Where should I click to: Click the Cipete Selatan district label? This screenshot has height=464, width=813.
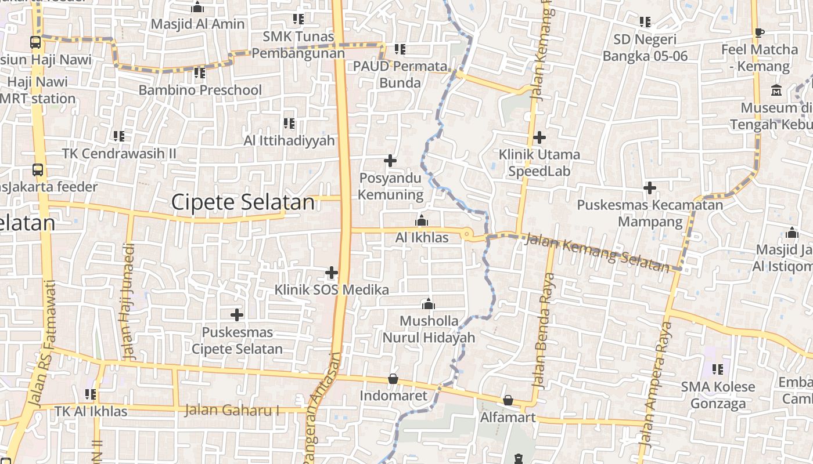pyautogui.click(x=243, y=202)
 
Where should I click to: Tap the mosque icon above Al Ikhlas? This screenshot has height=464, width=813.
pyautogui.click(x=422, y=220)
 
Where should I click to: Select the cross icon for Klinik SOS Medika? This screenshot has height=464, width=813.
pyautogui.click(x=332, y=272)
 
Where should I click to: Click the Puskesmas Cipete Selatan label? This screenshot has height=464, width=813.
pyautogui.click(x=237, y=340)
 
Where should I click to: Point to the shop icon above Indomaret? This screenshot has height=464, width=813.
pyautogui.click(x=393, y=379)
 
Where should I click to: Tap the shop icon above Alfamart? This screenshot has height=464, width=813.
pyautogui.click(x=508, y=400)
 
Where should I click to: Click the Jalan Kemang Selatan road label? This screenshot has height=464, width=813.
pyautogui.click(x=597, y=251)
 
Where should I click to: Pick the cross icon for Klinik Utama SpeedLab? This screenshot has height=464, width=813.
pyautogui.click(x=539, y=137)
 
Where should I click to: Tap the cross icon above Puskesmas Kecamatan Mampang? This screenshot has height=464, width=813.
pyautogui.click(x=650, y=188)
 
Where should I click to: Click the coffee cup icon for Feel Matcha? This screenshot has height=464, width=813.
pyautogui.click(x=759, y=32)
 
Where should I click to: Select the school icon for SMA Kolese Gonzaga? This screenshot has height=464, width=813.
pyautogui.click(x=718, y=369)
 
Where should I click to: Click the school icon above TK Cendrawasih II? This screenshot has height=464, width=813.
pyautogui.click(x=119, y=136)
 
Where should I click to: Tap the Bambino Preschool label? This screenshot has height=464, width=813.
pyautogui.click(x=200, y=90)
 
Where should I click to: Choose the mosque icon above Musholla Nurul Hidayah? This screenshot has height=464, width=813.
pyautogui.click(x=429, y=304)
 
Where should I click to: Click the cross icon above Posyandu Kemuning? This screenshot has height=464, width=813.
pyautogui.click(x=390, y=161)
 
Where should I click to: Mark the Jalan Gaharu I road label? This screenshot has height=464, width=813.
pyautogui.click(x=232, y=410)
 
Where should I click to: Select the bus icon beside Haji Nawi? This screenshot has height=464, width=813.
pyautogui.click(x=35, y=42)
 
